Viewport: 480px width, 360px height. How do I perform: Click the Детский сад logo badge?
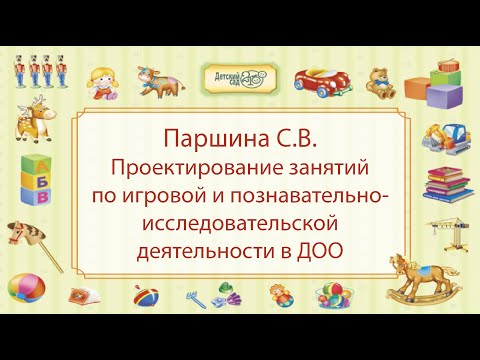(x=239, y=75)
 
